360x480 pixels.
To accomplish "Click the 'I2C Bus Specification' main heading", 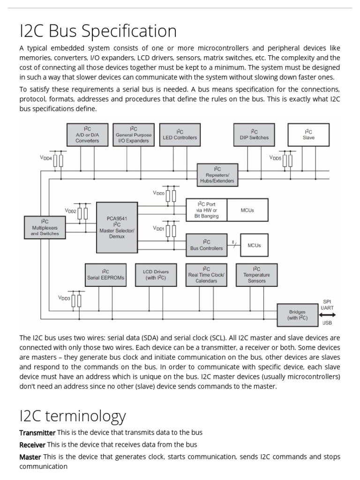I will pos(98,31).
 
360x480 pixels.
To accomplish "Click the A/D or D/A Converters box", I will pos(87,135).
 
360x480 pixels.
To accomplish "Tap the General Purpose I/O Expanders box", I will pos(133,135).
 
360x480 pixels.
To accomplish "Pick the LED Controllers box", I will pos(180,135).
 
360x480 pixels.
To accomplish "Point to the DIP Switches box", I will pos(254,135).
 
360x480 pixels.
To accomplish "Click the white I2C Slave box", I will pos(308,135).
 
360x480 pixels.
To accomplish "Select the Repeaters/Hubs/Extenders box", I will pos(217,175).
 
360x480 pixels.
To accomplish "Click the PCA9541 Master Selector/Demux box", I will pos(117,227).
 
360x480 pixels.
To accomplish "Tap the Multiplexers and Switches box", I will pos(45,227).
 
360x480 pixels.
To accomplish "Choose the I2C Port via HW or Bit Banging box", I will pos(206,210).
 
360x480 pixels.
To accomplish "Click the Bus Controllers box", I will pos(206,245).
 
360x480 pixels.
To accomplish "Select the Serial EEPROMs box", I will pos(106,275).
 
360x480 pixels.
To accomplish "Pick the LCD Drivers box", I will pos(155,275).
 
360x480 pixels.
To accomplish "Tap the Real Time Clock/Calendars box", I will pos(206,275).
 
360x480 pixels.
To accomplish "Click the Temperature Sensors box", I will pos(256,275).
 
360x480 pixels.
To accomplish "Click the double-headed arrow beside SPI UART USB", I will pos(327,315).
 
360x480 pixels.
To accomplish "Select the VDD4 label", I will pos(45,158).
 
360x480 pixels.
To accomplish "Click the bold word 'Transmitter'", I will pos(37,432).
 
